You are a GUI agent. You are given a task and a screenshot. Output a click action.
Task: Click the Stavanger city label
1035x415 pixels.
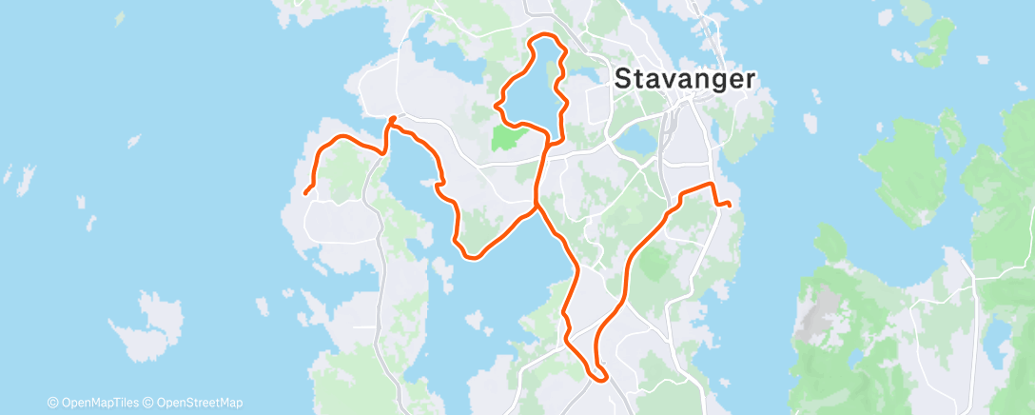[x=685, y=78]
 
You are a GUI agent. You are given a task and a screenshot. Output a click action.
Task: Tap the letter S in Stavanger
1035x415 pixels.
[x=623, y=78]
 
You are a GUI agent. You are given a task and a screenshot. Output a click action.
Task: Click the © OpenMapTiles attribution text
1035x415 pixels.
[x=95, y=403]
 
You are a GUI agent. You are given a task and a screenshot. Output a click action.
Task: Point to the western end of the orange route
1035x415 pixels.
[x=305, y=194]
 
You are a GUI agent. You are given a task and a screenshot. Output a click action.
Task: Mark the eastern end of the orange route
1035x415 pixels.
[x=728, y=204]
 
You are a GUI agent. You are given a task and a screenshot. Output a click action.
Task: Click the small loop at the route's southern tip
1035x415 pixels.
[x=598, y=374]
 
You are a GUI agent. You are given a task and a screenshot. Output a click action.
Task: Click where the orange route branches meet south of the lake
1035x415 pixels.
[x=537, y=204]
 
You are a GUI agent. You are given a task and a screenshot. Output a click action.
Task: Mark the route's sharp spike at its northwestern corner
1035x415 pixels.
[x=393, y=118]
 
